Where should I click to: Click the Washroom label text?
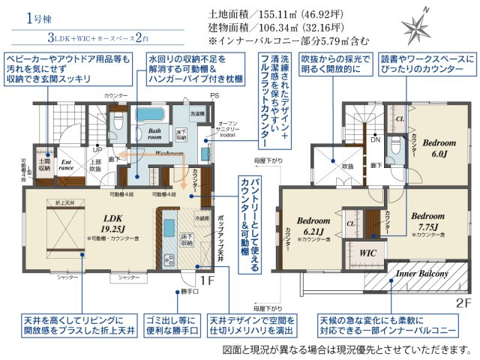pyautogui.click(x=170, y=153)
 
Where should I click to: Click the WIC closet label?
pyautogui.click(x=367, y=253)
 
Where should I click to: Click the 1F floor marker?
pyautogui.click(x=207, y=280)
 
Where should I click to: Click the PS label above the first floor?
pyautogui.click(x=214, y=95)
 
